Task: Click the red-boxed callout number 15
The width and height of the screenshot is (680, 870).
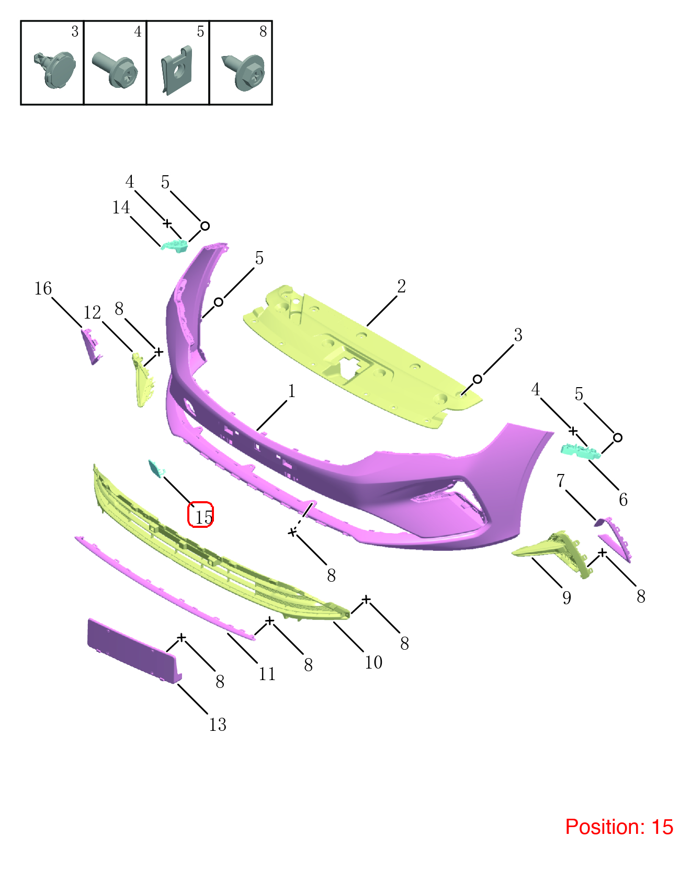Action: coord(203,517)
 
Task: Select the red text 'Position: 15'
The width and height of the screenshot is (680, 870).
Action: coord(619,827)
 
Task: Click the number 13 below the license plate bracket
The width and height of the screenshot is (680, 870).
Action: coord(218,725)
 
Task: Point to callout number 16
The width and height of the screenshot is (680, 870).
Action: coord(43,288)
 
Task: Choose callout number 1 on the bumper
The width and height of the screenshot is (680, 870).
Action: coord(292,391)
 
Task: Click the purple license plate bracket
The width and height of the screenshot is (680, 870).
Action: coord(134,651)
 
